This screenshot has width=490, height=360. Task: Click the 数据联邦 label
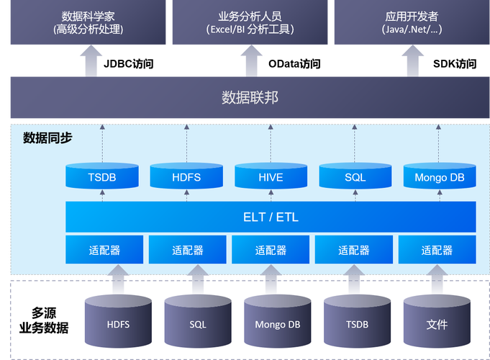pyautogui.click(x=249, y=98)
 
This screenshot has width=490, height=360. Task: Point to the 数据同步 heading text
pyautogui.click(x=47, y=138)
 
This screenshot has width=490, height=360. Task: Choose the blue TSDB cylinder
pyautogui.click(x=101, y=177)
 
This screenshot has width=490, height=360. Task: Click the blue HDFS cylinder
pyautogui.click(x=186, y=177)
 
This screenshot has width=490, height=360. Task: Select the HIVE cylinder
pyautogui.click(x=271, y=177)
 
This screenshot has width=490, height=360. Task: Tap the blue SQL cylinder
pyautogui.click(x=355, y=177)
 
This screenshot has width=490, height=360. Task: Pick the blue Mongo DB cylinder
pyautogui.click(x=440, y=177)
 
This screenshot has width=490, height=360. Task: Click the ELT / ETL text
pyautogui.click(x=271, y=217)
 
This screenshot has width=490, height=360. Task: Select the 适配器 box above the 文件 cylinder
pyautogui.click(x=437, y=250)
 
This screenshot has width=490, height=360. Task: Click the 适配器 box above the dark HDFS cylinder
pyautogui.click(x=104, y=250)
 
